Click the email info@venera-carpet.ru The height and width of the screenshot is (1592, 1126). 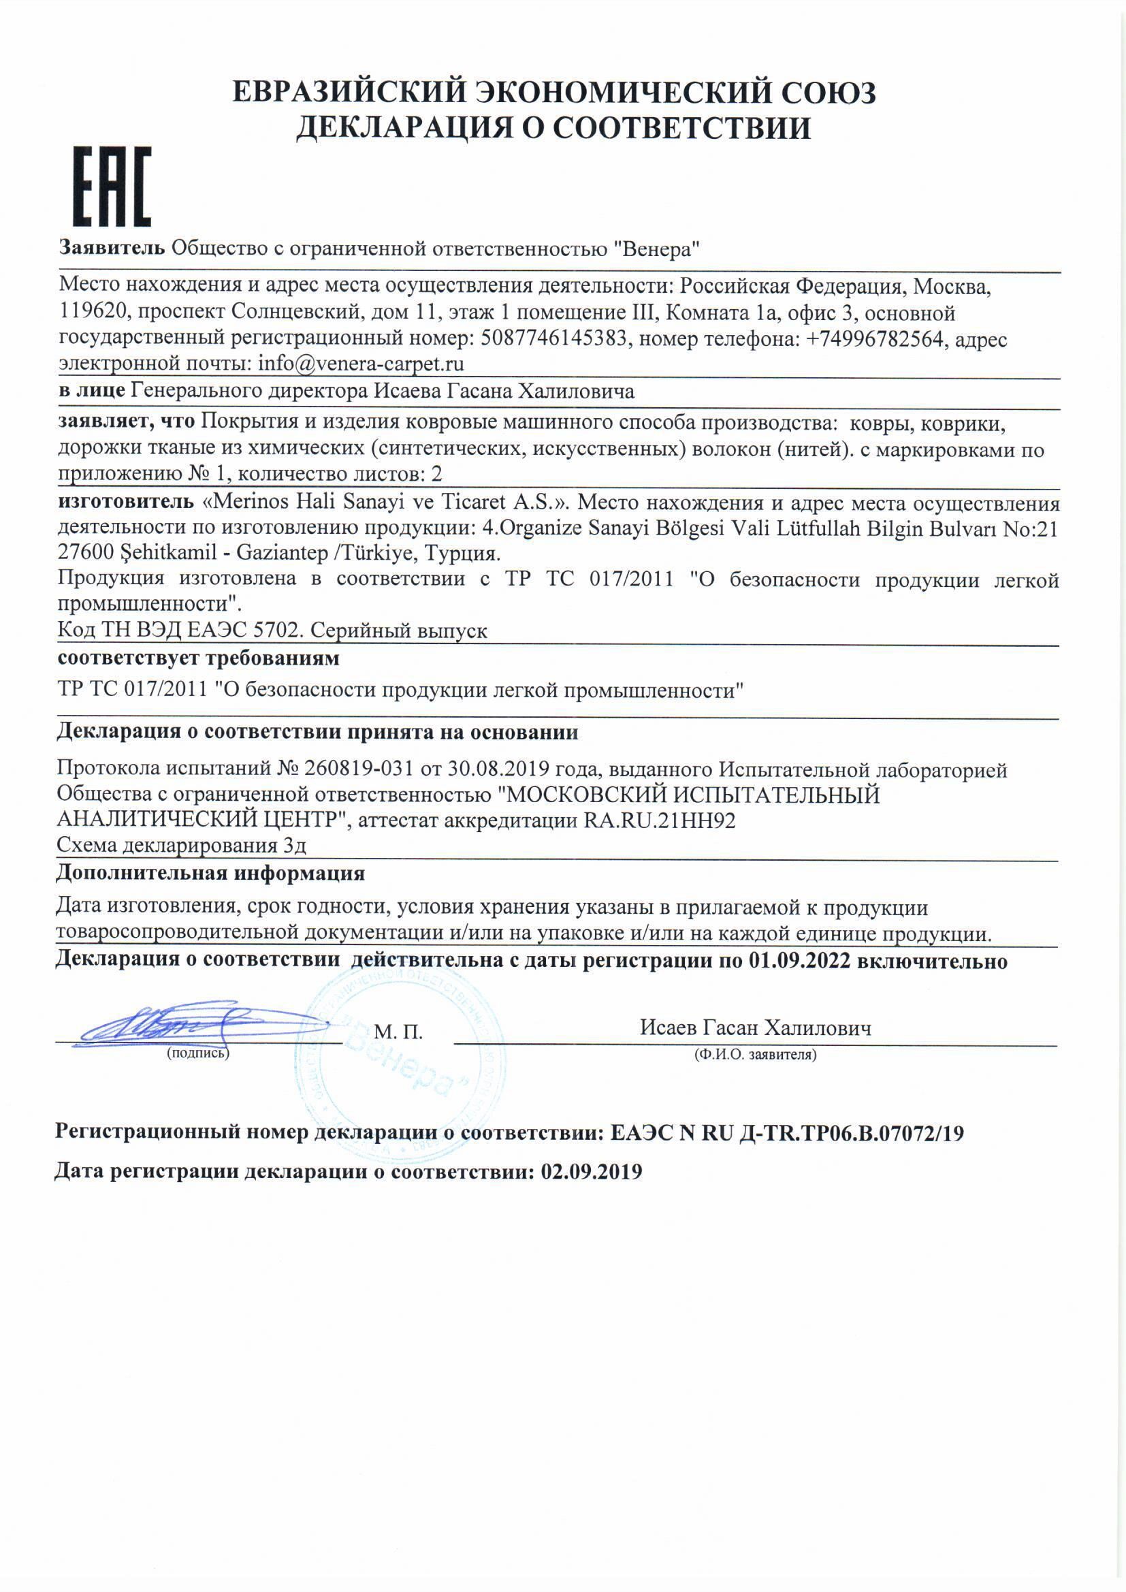[361, 364]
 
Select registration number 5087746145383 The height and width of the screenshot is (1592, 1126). [553, 339]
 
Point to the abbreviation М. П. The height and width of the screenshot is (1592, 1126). [398, 1032]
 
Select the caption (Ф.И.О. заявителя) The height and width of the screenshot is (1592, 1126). [754, 1055]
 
